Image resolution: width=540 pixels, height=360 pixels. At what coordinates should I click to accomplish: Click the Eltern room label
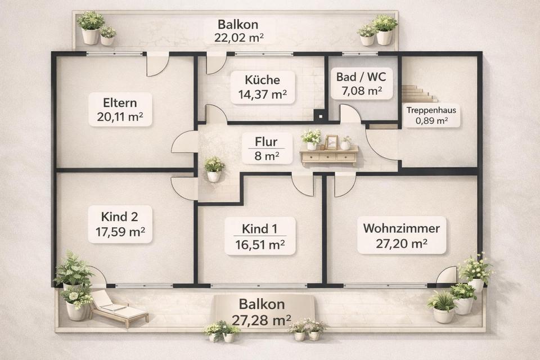119,109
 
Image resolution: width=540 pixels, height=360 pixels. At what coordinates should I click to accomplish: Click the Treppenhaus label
432,115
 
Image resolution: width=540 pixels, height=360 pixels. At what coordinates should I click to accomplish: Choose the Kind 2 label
119,223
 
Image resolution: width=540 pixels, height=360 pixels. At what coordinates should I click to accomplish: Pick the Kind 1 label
260,236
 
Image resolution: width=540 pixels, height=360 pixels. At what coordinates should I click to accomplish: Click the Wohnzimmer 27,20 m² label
401,236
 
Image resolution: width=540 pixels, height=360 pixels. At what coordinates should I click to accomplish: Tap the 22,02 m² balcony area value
240,38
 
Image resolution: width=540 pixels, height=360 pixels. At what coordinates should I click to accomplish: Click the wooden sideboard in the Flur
329,155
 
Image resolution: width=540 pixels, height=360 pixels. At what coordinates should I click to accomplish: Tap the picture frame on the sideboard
332,142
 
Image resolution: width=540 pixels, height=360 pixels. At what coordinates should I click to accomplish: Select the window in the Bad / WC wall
359,54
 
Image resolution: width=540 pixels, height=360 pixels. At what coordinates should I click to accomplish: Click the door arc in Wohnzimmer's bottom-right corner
447,275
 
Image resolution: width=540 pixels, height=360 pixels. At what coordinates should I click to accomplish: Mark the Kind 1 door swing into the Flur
303,184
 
